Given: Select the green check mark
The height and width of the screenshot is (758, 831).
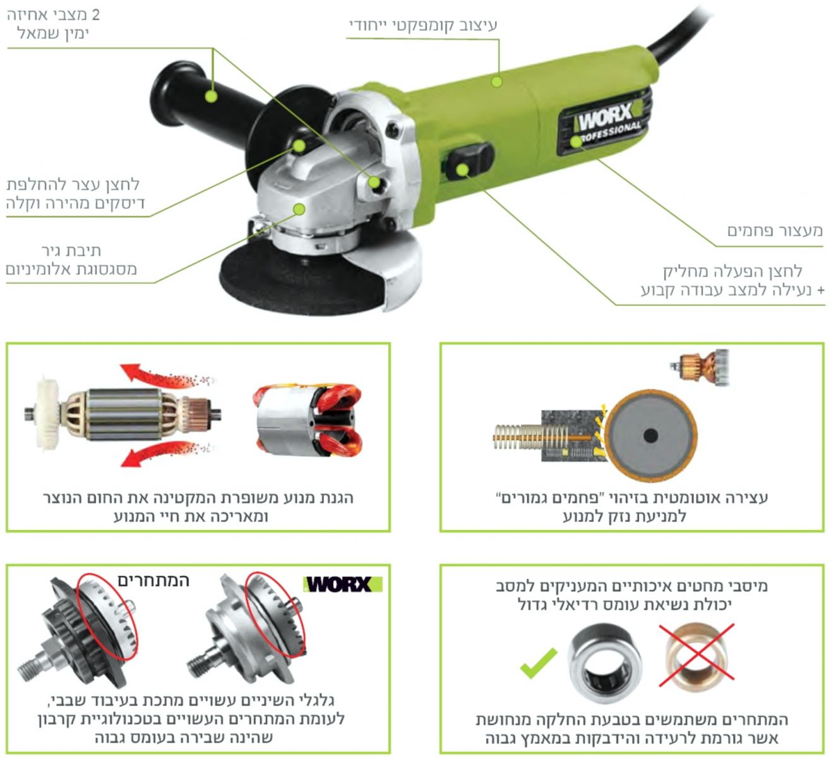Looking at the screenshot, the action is pos(538,663).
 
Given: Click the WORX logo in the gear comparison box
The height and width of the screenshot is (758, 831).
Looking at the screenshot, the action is pos(343,584).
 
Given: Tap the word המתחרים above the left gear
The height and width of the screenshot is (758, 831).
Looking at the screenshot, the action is pos(153,581).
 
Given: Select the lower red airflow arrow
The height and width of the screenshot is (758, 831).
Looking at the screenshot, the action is pos(165,453).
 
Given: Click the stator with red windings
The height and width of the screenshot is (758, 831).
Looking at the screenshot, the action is pos(309,420).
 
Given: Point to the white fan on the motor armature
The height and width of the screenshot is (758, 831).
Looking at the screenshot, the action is pos(47,414).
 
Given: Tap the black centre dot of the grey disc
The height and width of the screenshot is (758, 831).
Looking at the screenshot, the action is pos(651,436).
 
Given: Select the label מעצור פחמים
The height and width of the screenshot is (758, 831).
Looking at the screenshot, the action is pos(775,231).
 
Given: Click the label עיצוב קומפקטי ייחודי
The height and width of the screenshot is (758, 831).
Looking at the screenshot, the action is pos(423,25).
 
